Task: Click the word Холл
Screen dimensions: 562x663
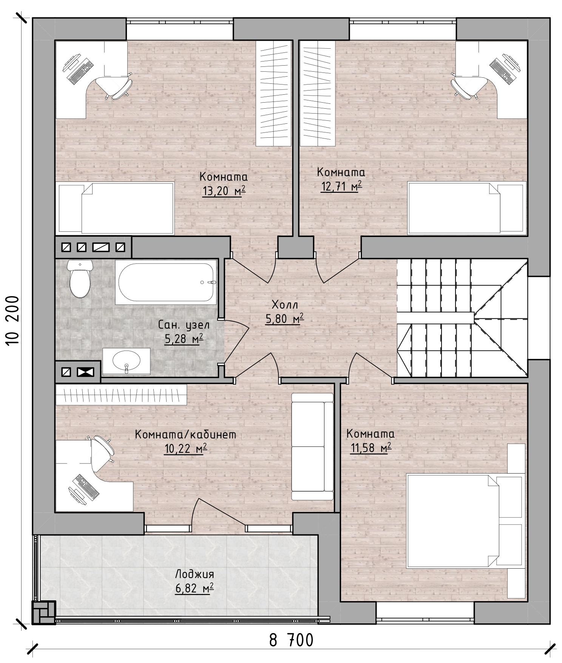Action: (x=285, y=304)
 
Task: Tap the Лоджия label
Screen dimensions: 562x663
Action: (x=195, y=575)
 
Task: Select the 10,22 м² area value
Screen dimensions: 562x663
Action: (x=185, y=448)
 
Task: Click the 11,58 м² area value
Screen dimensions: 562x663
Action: (x=371, y=448)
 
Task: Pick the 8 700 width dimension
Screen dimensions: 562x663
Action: (x=291, y=640)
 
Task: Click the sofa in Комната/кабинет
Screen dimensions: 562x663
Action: (x=313, y=447)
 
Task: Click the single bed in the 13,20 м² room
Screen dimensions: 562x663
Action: (x=115, y=208)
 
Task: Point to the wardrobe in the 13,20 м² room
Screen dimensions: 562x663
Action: (x=274, y=93)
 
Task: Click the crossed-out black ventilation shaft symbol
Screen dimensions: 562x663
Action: (x=85, y=372)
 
